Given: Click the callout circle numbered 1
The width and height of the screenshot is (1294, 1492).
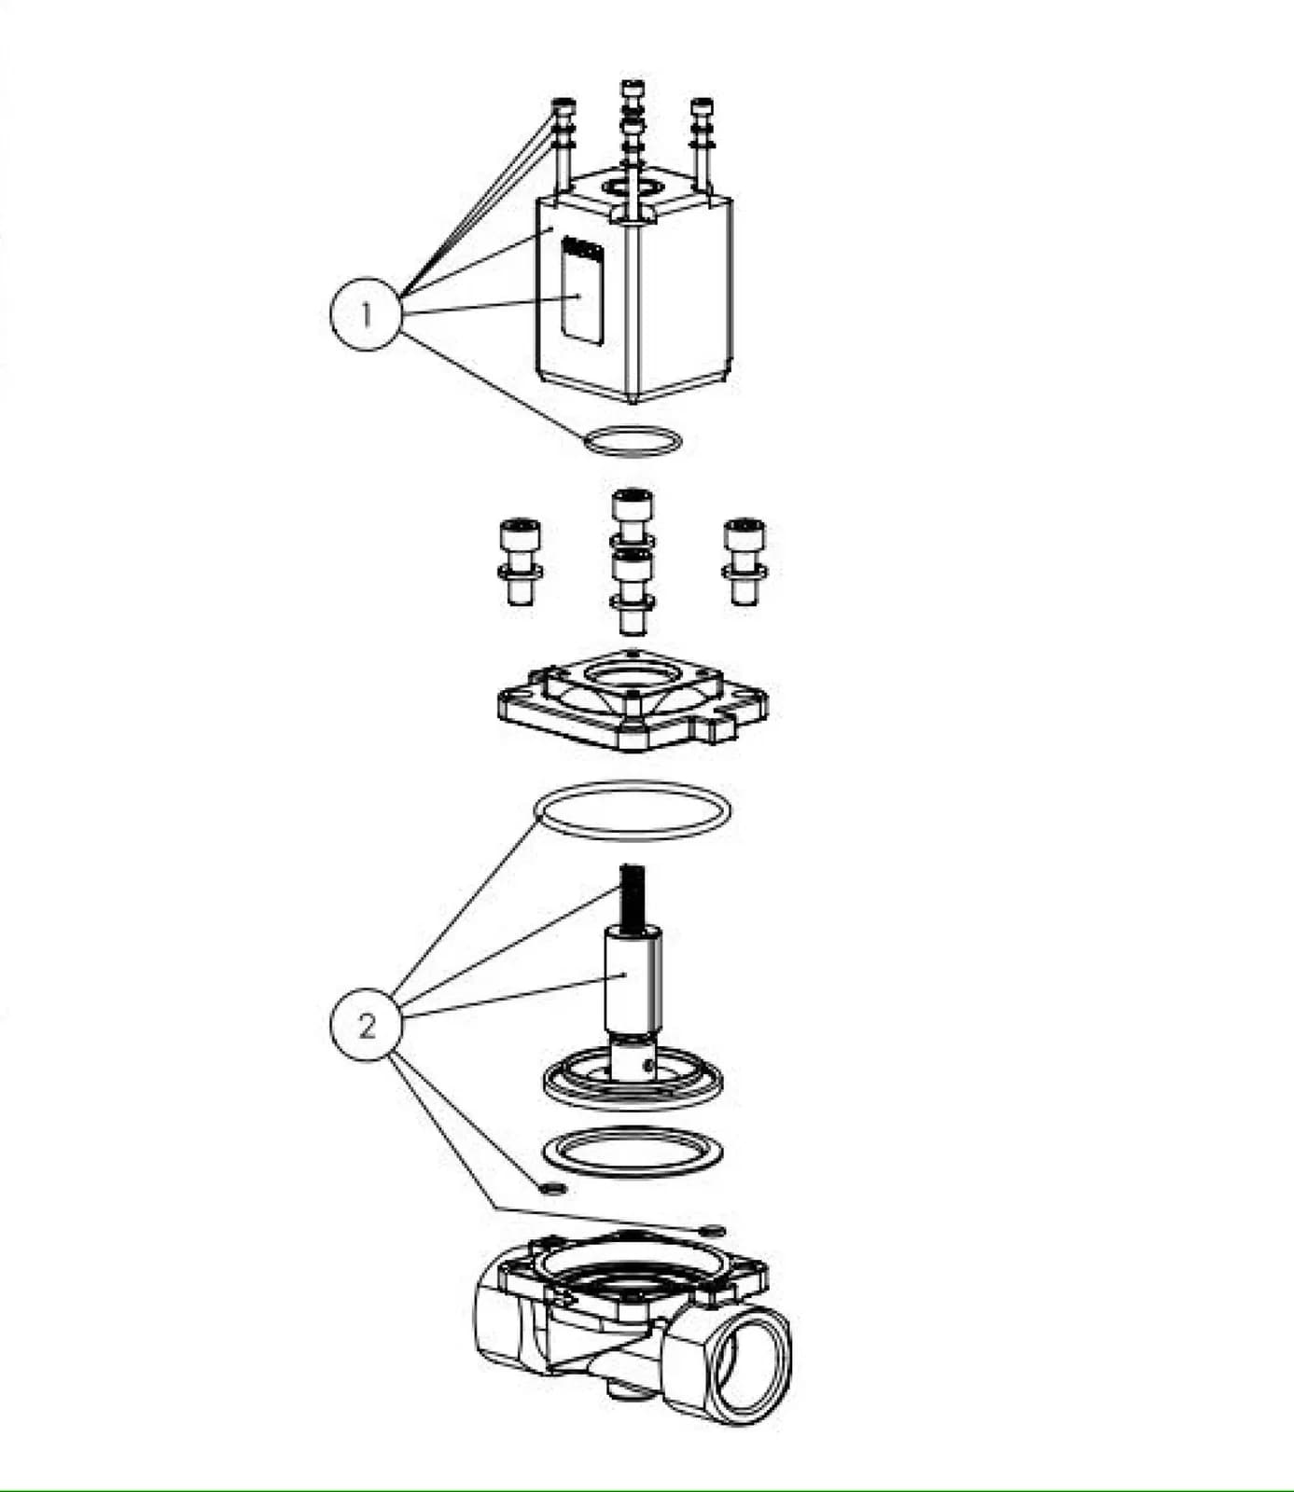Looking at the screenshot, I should coord(366,313).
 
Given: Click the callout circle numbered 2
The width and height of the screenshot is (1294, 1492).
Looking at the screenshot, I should coord(366,1026).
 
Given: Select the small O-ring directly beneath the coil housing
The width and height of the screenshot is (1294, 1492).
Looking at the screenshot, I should coord(633,440).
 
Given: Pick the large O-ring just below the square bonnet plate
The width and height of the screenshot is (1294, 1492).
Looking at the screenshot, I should coord(633,809).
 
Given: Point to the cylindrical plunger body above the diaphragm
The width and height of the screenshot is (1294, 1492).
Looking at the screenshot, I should coord(633,979).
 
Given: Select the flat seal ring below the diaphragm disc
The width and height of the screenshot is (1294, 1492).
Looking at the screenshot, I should coord(633,1153).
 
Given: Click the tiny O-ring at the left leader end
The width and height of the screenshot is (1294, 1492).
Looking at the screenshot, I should coord(553,1188).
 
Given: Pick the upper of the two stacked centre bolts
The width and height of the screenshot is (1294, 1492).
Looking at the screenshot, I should coord(633,517).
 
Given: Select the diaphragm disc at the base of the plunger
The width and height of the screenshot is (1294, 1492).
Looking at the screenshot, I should coord(633,1084).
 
